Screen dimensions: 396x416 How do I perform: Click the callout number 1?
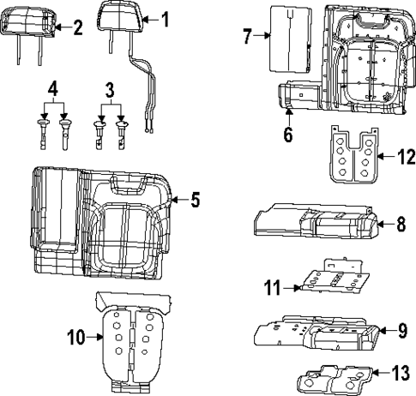166,17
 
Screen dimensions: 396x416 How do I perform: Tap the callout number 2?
77,27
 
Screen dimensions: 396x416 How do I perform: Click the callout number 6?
287,134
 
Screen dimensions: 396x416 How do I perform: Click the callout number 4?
53,88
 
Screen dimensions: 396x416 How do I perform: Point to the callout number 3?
109,88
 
